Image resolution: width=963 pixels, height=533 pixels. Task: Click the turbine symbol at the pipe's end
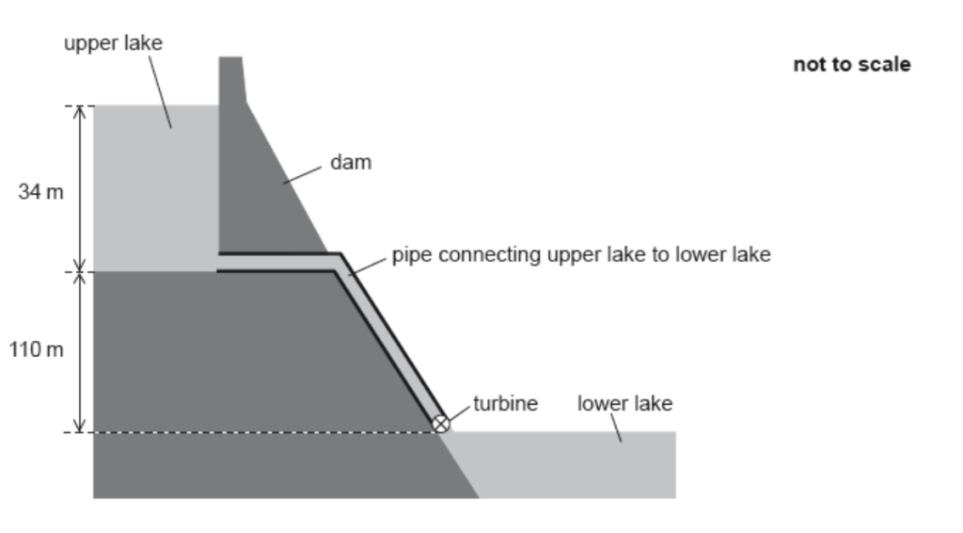(440, 425)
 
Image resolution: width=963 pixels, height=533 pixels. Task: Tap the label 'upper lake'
(113, 43)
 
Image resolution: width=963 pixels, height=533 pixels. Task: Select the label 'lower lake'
(624, 404)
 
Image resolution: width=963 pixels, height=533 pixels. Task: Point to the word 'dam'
(351, 162)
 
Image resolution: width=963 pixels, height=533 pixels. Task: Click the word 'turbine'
(505, 404)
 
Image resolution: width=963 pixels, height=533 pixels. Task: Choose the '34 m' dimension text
(40, 192)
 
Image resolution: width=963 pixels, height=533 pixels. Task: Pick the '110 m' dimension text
(37, 350)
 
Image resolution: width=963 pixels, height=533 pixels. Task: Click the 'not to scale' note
(851, 65)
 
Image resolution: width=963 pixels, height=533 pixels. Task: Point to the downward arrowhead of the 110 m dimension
(80, 426)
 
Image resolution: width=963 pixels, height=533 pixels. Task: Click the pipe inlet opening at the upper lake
(221, 262)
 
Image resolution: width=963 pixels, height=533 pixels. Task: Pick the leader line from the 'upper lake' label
(159, 90)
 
